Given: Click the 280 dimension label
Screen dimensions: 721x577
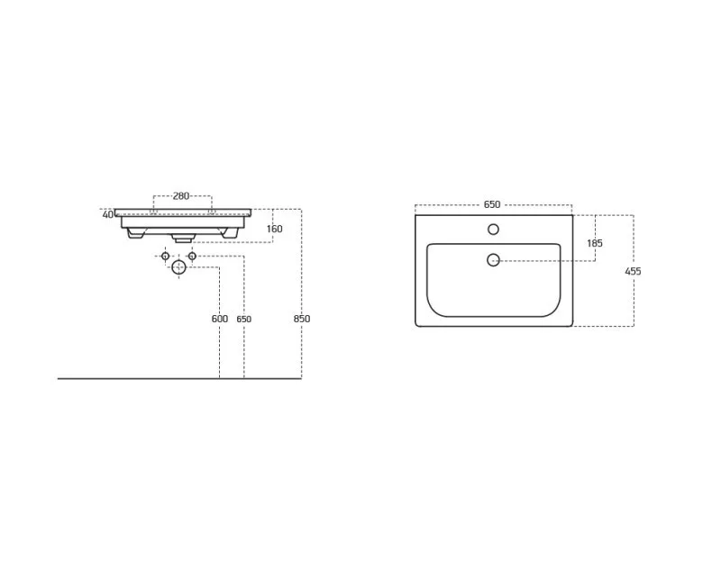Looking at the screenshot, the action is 181,196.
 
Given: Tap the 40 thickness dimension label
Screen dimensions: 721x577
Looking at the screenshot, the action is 107,214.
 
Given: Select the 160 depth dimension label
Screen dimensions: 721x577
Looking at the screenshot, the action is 275,229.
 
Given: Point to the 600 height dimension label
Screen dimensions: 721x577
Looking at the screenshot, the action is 220,319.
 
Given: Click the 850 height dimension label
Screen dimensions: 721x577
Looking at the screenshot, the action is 302,319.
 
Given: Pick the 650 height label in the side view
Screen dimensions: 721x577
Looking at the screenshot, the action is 243,319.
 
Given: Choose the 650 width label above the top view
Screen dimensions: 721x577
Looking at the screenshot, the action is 492,204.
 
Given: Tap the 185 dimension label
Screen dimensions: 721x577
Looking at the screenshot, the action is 595,243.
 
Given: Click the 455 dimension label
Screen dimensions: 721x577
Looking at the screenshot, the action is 634,272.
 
